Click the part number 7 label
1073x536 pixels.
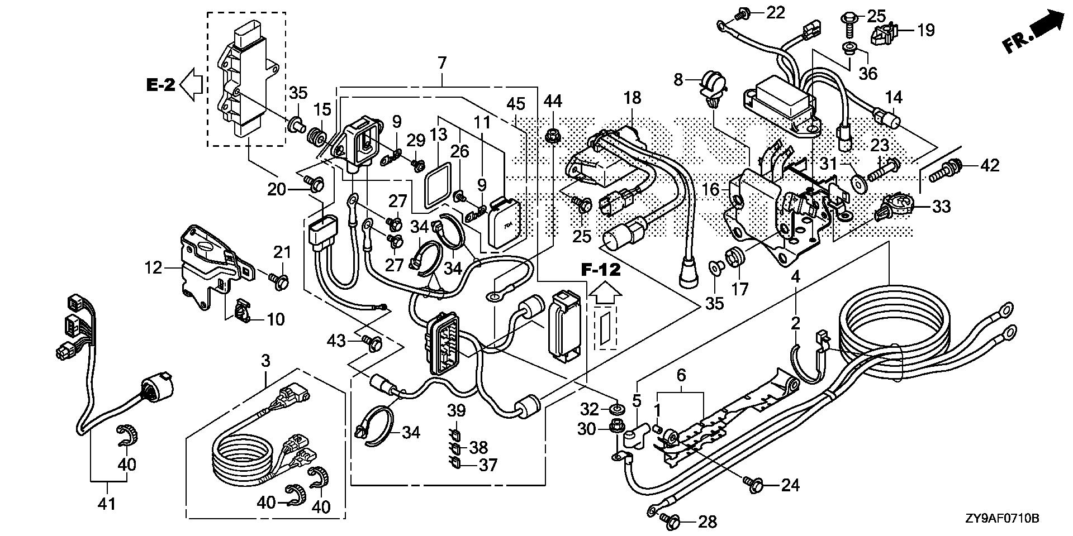pyautogui.click(x=442, y=64)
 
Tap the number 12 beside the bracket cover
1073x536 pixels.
pyautogui.click(x=153, y=268)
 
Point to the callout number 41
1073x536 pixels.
pyautogui.click(x=106, y=504)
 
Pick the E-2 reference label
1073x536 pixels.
pyautogui.click(x=161, y=85)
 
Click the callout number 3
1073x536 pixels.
pyautogui.click(x=265, y=360)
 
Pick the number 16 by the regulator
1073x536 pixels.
pyautogui.click(x=711, y=190)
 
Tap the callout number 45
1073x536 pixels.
pyautogui.click(x=516, y=104)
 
